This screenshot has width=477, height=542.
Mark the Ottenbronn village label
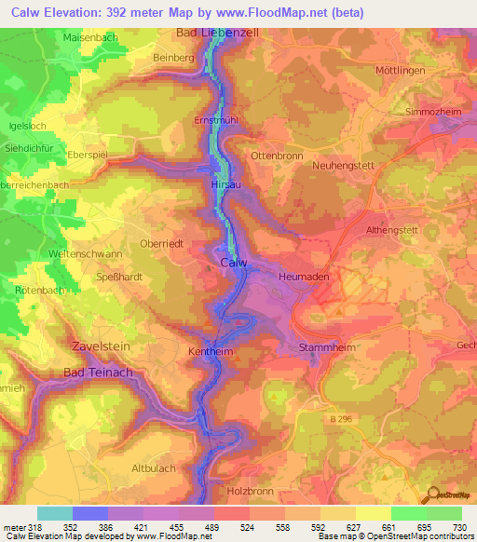[278, 156]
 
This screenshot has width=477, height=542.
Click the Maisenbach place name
[91, 37]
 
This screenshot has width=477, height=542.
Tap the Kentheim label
[216, 353]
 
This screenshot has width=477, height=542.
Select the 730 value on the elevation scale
[460, 526]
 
